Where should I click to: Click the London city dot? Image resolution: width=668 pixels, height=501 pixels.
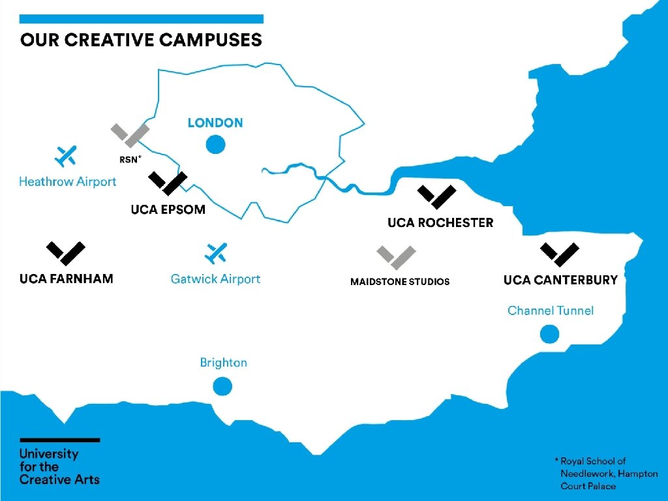[x=215, y=144]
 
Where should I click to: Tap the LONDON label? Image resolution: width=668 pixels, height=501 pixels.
[x=215, y=123]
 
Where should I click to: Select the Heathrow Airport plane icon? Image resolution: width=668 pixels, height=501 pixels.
[x=65, y=156]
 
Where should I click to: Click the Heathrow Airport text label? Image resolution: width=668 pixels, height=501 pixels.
[x=68, y=182]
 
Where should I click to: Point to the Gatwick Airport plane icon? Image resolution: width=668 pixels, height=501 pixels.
[x=215, y=253]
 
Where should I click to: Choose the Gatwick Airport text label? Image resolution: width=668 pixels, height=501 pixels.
[x=215, y=279]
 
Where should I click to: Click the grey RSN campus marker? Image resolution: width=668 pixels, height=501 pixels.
[x=130, y=134]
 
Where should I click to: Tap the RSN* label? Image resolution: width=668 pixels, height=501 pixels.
[x=130, y=159]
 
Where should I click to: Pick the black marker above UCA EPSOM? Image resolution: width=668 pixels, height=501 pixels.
[x=168, y=183]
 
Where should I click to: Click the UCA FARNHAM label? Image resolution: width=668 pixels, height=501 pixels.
[x=67, y=279]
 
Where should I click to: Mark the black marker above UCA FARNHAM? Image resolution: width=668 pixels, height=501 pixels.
[x=66, y=253]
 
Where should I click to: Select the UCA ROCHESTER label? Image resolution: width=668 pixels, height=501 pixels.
[x=440, y=223]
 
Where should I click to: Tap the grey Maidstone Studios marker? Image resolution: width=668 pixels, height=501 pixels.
[x=396, y=257]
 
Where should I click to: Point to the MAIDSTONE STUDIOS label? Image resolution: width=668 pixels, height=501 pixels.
[x=400, y=282]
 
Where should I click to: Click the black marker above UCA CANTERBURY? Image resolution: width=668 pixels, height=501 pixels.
[x=560, y=254]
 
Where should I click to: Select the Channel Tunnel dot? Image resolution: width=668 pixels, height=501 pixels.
[x=550, y=335]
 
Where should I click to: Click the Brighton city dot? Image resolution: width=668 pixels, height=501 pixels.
[x=223, y=387]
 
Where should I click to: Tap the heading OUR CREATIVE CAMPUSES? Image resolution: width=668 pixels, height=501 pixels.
[x=142, y=40]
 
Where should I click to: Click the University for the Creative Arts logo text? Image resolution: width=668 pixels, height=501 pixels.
[x=59, y=466]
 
